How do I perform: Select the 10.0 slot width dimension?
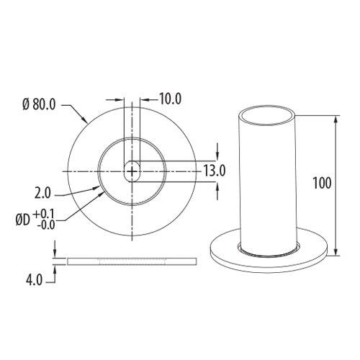tap(170, 99)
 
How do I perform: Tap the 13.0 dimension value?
tap(215, 171)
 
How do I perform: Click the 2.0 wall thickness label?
tap(42, 194)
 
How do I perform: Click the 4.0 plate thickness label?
tap(32, 277)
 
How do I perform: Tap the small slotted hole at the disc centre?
tap(132, 171)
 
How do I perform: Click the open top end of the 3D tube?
tap(268, 113)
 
